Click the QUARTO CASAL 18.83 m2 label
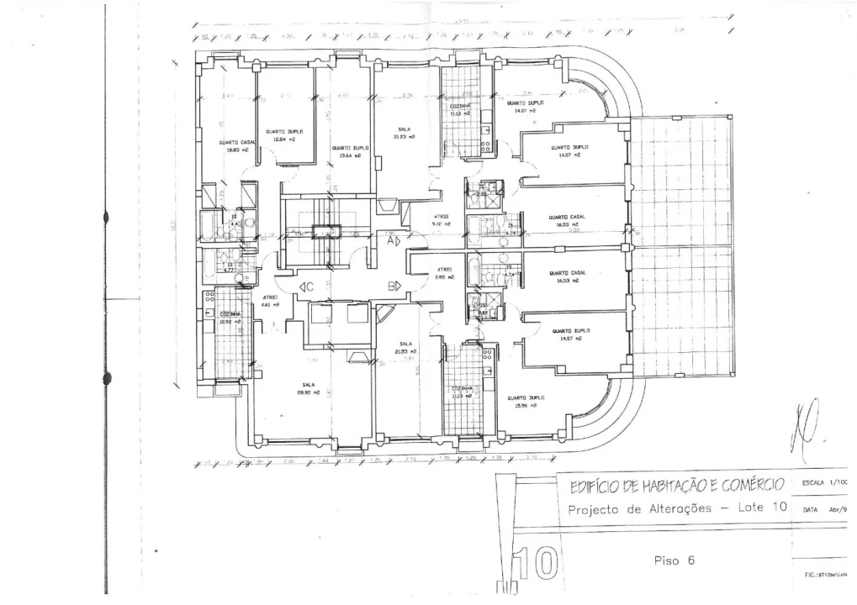pos(236,146)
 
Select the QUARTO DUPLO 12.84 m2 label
pos(283,135)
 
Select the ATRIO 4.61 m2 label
pos(270,301)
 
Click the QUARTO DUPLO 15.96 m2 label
pos(525,401)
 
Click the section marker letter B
pos(392,287)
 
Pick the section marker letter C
pos(309,287)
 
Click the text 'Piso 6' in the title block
pos(674,560)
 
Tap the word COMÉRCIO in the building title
pos(745,485)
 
